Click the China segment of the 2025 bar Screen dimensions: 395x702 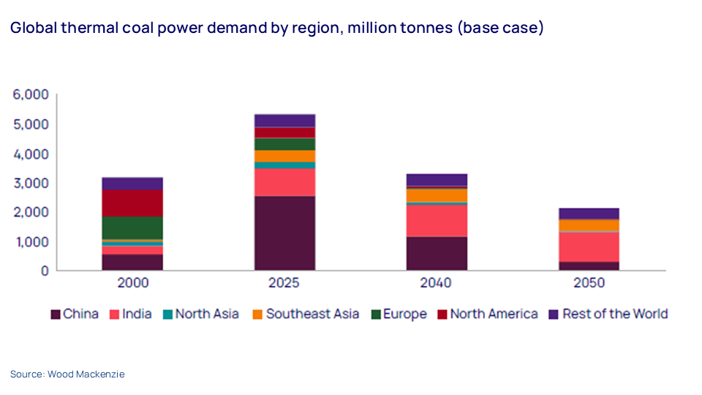click(284, 233)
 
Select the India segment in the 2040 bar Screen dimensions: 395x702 click(437, 220)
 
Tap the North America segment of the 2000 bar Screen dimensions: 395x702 click(132, 203)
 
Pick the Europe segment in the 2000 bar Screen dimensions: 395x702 click(132, 227)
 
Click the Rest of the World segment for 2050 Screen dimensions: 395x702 click(589, 214)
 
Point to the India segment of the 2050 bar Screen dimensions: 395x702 click(589, 247)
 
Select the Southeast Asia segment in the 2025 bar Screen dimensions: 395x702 click(284, 156)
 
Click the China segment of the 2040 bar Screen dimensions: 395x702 click(437, 253)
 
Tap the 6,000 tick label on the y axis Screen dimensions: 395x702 click(30, 95)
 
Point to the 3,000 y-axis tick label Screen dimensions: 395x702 click(30, 183)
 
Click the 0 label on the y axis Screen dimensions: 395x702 click(45, 271)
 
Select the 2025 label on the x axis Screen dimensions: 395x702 click(284, 283)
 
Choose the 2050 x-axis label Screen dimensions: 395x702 click(589, 283)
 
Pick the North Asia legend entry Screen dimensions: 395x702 click(207, 315)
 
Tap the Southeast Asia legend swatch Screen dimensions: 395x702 click(258, 315)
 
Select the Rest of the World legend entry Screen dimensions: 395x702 click(615, 315)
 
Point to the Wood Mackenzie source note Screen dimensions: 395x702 click(67, 375)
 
